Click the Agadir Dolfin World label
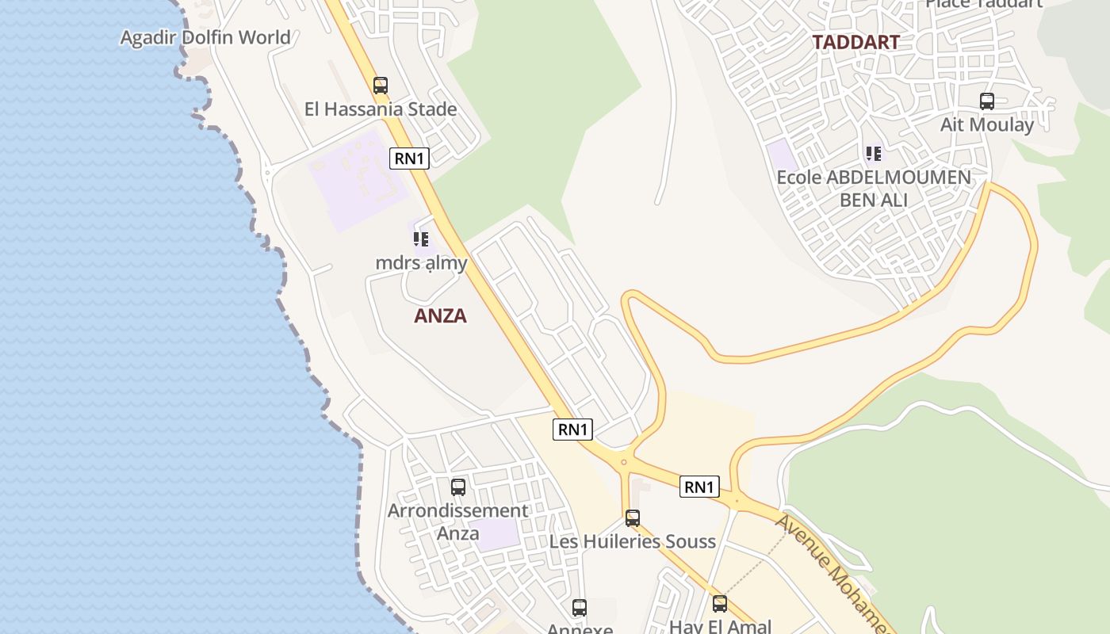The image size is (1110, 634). coord(205,37)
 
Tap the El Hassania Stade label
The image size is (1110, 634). coord(381,109)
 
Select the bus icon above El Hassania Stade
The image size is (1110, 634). coord(381,86)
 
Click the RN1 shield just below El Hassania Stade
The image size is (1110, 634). coord(409,158)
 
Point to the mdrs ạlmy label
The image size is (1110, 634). coord(421,262)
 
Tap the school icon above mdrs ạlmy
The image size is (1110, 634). coord(421,239)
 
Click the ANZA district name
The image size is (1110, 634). coord(440,316)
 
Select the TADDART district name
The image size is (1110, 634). coord(855,43)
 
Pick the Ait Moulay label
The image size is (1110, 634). coord(987,124)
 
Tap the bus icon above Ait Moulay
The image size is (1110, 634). coord(987,101)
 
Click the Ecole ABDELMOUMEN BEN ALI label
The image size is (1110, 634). coord(874,188)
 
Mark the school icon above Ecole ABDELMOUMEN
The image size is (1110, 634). coord(874,153)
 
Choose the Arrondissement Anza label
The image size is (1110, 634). coord(457,521)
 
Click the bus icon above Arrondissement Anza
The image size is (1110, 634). coord(458,487)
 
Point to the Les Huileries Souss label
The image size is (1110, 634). coord(633,541)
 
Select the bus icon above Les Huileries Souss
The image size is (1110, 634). coord(633,518)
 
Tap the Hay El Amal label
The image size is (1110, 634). coord(720,626)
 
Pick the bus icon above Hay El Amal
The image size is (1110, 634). coord(720,604)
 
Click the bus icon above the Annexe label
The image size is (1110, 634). coord(580,608)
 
